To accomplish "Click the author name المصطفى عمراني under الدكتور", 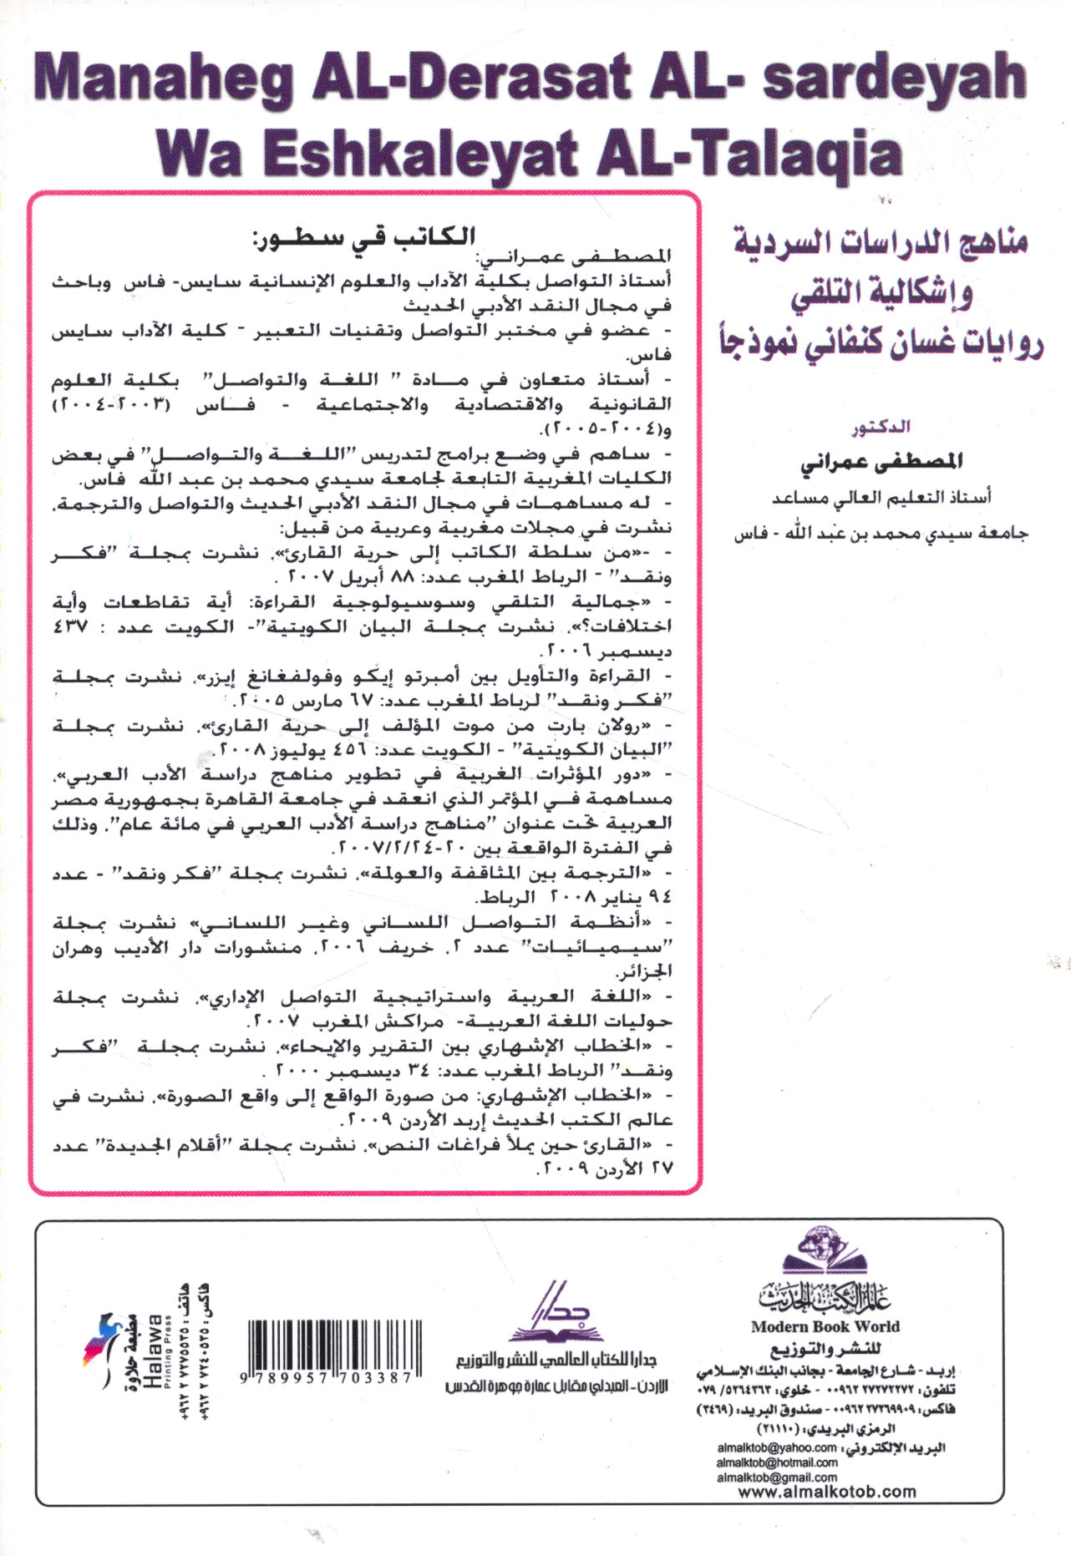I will coord(881,461).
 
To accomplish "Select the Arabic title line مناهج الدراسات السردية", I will coord(881,242).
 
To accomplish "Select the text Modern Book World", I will coord(825,1326).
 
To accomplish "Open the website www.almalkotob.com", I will coord(826,1492).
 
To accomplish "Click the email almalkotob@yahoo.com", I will coord(776,1447).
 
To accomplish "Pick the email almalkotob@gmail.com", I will coord(776,1477).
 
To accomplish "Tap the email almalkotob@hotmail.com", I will coord(776,1462).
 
